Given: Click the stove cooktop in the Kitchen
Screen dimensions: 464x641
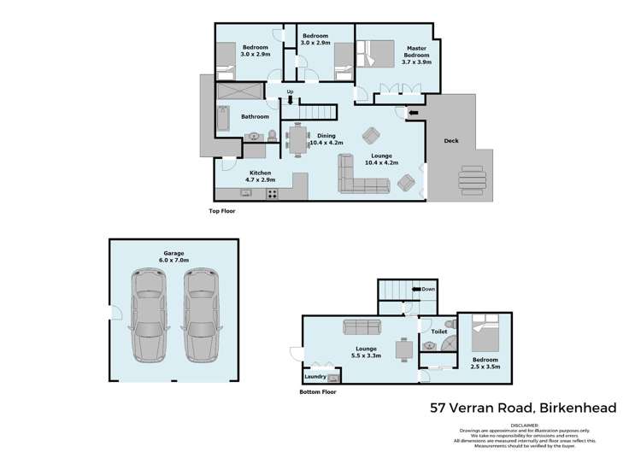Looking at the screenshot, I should click(273, 193).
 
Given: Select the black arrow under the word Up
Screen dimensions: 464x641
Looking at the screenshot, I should click(291, 100).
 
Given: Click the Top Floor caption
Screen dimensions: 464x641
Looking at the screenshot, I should click(222, 210).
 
